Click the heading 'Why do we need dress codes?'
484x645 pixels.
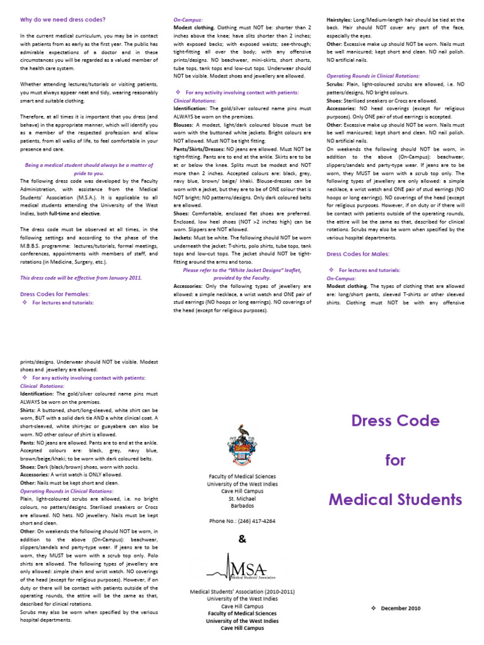[63, 20]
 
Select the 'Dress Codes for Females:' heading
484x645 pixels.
[55, 294]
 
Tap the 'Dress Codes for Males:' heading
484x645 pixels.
[358, 253]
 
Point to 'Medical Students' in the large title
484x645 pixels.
[395, 500]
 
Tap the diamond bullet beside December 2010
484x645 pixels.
[373, 608]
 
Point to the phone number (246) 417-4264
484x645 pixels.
[242, 521]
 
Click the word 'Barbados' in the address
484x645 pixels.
[242, 505]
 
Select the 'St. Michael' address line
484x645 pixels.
[242, 498]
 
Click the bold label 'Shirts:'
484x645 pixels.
[29, 409]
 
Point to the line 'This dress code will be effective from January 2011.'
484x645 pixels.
[81, 277]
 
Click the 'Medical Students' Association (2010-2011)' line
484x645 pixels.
[242, 591]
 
